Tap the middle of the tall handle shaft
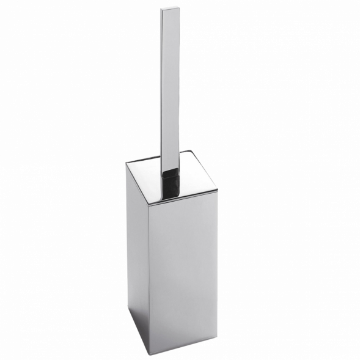173,86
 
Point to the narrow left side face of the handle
164,86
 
